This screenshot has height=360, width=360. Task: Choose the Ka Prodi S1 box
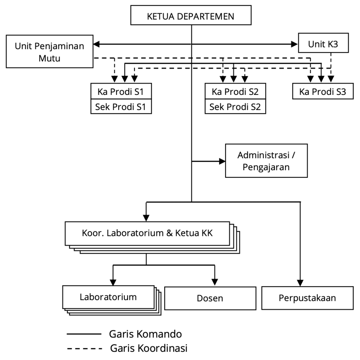point(121,92)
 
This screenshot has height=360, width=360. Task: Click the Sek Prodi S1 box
point(121,107)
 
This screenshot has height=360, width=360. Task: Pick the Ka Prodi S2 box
point(236,92)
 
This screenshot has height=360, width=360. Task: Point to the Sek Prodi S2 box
point(236,107)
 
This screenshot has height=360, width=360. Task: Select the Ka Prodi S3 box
point(323,92)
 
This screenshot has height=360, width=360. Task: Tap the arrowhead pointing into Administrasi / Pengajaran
point(222,161)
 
